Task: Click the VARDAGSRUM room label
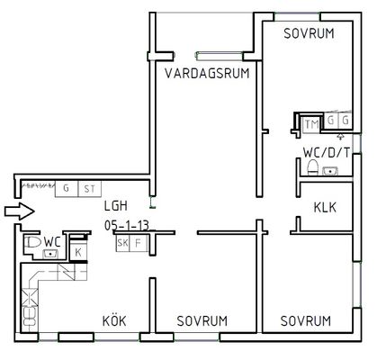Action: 207,73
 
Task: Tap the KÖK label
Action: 114,320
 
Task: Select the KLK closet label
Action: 325,207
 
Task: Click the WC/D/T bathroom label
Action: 327,153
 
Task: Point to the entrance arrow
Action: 20,211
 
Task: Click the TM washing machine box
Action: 311,124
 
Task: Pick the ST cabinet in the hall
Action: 90,189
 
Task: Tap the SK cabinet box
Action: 122,243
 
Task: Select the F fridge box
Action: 139,243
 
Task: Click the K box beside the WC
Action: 78,252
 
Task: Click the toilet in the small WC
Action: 33,242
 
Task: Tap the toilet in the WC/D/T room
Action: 312,167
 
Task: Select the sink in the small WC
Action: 50,254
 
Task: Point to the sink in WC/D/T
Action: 330,171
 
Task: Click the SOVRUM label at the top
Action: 309,33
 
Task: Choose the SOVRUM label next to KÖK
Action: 202,320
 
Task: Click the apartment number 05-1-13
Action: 127,225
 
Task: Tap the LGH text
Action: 116,206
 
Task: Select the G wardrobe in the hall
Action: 67,189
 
